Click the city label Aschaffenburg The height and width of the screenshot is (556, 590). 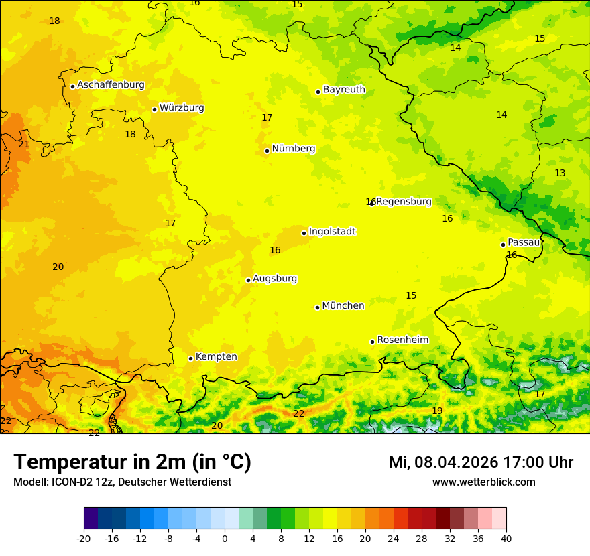[x=111, y=85]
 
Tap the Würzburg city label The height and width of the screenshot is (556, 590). [x=182, y=108]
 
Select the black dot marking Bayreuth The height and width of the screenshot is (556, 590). [x=318, y=92]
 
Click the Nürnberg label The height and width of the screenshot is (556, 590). [x=294, y=149]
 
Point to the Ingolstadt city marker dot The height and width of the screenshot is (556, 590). [x=304, y=233]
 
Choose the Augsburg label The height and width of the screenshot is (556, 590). [x=275, y=279]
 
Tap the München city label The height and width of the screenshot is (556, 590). [x=343, y=306]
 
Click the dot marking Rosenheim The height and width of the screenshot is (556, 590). [x=372, y=342]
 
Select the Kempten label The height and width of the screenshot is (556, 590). [x=216, y=357]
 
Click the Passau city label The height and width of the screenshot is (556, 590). [x=524, y=242]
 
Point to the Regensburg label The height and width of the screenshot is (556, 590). [x=404, y=202]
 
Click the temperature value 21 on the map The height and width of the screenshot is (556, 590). [x=24, y=144]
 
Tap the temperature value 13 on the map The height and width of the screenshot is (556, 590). [x=560, y=173]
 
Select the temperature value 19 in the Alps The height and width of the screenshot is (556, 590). [x=437, y=411]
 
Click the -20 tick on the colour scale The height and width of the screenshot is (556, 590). [x=84, y=539]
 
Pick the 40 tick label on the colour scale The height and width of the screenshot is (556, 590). [x=506, y=539]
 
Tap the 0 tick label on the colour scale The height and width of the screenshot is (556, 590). [x=225, y=539]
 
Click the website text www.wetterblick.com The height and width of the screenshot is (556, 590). [x=483, y=482]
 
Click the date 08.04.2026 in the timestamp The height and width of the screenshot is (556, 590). [x=456, y=462]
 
